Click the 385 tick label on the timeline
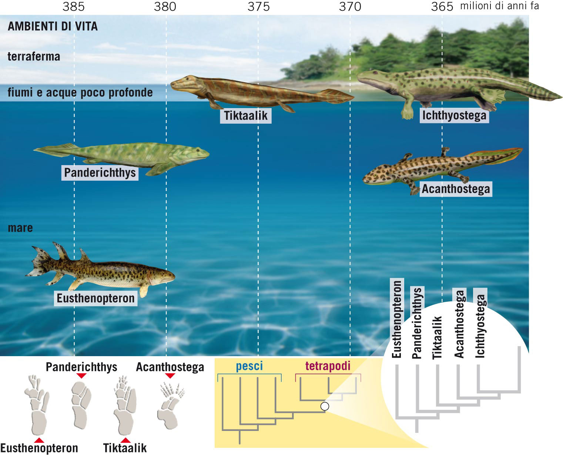click(74, 6)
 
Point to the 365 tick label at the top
click(442, 6)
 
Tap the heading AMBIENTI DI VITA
click(53, 26)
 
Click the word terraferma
click(34, 57)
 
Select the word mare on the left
click(20, 228)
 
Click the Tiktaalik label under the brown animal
click(246, 116)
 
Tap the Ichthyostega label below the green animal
click(454, 116)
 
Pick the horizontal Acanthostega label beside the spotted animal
click(456, 189)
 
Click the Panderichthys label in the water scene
click(100, 173)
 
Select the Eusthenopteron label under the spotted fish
click(95, 298)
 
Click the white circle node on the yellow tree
click(325, 406)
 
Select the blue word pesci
click(249, 366)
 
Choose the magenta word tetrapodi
click(328, 366)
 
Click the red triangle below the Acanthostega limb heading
click(170, 376)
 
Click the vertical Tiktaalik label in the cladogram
click(438, 337)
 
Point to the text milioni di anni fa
click(499, 6)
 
